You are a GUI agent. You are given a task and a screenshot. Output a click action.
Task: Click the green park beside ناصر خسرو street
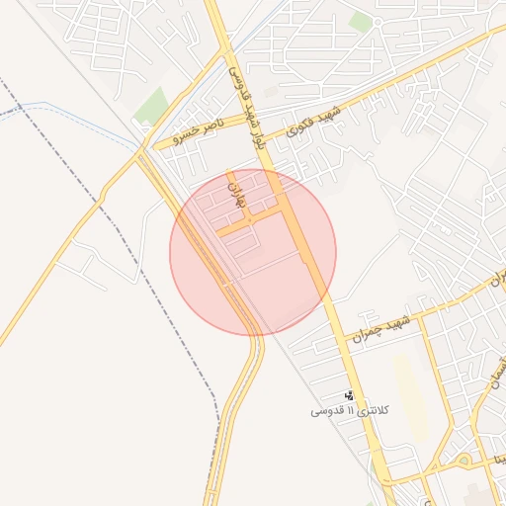coord(151,105)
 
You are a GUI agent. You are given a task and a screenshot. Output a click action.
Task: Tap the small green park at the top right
coord(362,21)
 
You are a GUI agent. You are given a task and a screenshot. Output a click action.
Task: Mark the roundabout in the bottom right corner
coord(463,461)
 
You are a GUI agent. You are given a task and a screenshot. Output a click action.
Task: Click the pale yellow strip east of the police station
coord(410,395)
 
